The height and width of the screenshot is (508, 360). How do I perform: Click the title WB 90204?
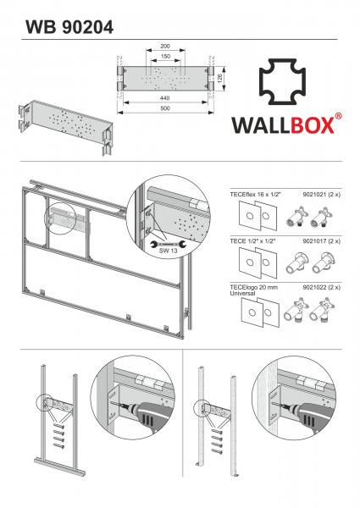(69, 27)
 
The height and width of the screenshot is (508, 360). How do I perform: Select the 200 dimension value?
(165, 47)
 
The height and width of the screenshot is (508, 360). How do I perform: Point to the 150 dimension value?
(165, 57)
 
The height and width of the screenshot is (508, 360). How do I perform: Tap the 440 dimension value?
(165, 98)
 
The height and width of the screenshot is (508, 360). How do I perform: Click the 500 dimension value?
(165, 108)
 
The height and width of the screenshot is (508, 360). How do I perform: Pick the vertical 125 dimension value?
(219, 79)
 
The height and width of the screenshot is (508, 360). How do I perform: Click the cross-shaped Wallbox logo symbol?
(283, 81)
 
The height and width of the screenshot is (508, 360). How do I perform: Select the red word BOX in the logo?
(312, 125)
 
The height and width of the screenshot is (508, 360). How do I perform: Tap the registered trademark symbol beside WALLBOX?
(338, 116)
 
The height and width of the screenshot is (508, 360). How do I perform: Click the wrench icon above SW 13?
(169, 244)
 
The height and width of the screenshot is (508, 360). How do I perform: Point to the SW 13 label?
(169, 251)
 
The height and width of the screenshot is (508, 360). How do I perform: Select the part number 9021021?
(314, 195)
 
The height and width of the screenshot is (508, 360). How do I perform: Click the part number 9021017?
(314, 241)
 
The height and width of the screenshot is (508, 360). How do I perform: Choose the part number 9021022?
(314, 287)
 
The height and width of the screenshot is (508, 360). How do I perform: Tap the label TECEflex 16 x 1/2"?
(255, 195)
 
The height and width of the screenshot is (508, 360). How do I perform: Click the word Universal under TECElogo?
(242, 294)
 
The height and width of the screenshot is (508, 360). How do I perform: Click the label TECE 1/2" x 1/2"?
(252, 241)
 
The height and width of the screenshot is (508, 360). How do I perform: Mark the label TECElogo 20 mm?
(254, 287)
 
